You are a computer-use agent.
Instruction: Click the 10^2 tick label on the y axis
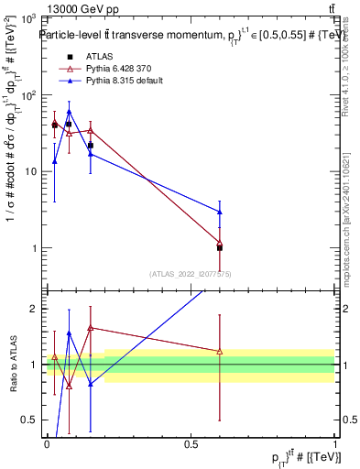pyautogui.click(x=28, y=95)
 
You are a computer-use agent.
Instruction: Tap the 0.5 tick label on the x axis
pyautogui.click(x=191, y=443)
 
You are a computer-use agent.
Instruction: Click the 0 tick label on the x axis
pyautogui.click(x=47, y=443)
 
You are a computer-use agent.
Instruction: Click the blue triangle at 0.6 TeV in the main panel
pyautogui.click(x=219, y=212)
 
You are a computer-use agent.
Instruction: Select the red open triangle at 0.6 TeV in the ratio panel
pyautogui.click(x=219, y=351)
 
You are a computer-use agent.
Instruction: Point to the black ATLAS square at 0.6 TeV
pyautogui.click(x=219, y=248)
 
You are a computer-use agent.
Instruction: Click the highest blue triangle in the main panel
pyautogui.click(x=69, y=112)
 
